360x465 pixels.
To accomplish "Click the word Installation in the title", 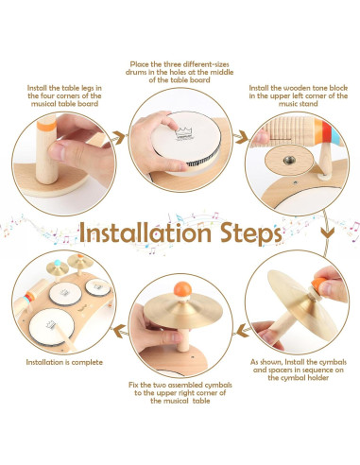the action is [x=146, y=232].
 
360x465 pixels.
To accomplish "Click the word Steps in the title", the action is [x=250, y=234].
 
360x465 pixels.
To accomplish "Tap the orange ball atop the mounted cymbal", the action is [x=182, y=289].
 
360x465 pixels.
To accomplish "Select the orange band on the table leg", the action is [x=46, y=126].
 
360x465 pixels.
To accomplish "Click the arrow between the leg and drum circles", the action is [x=118, y=138].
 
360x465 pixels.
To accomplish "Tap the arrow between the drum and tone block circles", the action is [x=242, y=137].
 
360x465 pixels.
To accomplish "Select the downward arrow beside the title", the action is [x=328, y=232].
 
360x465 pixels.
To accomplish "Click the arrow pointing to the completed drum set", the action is [x=120, y=331].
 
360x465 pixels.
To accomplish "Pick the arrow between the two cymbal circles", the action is [x=243, y=331].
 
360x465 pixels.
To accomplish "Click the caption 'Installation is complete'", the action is [x=64, y=362].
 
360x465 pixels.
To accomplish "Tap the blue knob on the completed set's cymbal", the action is [x=58, y=263].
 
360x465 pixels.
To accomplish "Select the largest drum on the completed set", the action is [x=52, y=327].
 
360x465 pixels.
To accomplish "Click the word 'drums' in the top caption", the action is [x=137, y=72].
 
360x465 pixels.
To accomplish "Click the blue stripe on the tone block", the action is [x=336, y=134].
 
